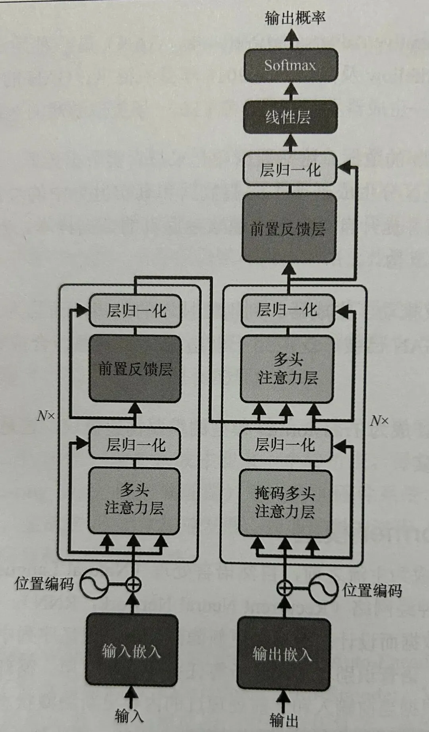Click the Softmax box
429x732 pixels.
pyautogui.click(x=290, y=65)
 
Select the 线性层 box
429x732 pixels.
pyautogui.click(x=290, y=117)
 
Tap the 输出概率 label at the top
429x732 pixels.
pyautogui.click(x=295, y=18)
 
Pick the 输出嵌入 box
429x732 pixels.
pyautogui.click(x=284, y=654)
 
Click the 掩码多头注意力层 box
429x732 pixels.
pyautogui.click(x=285, y=503)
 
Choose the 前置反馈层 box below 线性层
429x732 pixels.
pyautogui.click(x=289, y=228)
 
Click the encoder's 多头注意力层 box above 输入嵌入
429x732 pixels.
pyautogui.click(x=134, y=500)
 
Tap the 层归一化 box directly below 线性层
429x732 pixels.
pyautogui.click(x=290, y=170)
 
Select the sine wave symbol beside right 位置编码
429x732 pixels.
pyautogui.click(x=323, y=588)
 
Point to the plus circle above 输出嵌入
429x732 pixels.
pyautogui.click(x=284, y=588)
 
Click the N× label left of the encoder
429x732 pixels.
pyautogui.click(x=46, y=416)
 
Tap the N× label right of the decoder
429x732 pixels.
pyautogui.click(x=379, y=420)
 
